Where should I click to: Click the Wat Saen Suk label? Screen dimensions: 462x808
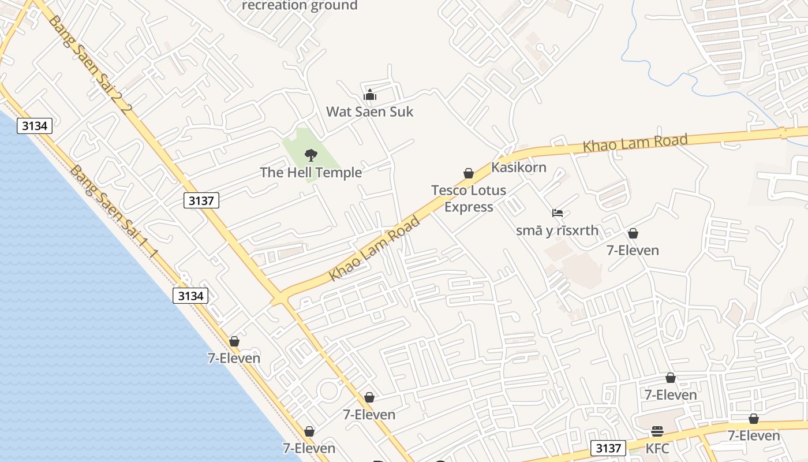(x=369, y=111)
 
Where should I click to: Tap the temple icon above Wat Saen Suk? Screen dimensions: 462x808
(x=369, y=95)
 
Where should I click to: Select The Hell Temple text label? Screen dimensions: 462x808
(x=311, y=172)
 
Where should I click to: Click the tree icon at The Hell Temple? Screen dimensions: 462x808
(x=311, y=155)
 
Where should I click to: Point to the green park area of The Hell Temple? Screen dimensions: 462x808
(x=297, y=144)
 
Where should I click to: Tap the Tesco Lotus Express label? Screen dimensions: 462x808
(x=468, y=198)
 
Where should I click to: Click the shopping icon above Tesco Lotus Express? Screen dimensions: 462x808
(x=469, y=173)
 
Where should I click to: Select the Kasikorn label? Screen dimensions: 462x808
(x=518, y=167)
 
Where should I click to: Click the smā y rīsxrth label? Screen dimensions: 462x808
(x=557, y=231)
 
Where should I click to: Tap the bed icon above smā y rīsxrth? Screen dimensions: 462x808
(x=557, y=213)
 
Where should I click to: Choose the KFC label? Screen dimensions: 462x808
(x=657, y=448)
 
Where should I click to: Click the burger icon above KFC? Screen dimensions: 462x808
(x=657, y=431)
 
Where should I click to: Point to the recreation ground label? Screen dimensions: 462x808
(x=300, y=6)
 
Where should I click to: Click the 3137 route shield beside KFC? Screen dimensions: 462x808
(x=608, y=448)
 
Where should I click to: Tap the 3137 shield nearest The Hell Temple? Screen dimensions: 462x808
(x=201, y=200)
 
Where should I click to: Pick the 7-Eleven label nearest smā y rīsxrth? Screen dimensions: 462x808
(x=633, y=250)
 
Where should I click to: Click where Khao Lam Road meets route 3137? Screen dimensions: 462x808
(x=280, y=299)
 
